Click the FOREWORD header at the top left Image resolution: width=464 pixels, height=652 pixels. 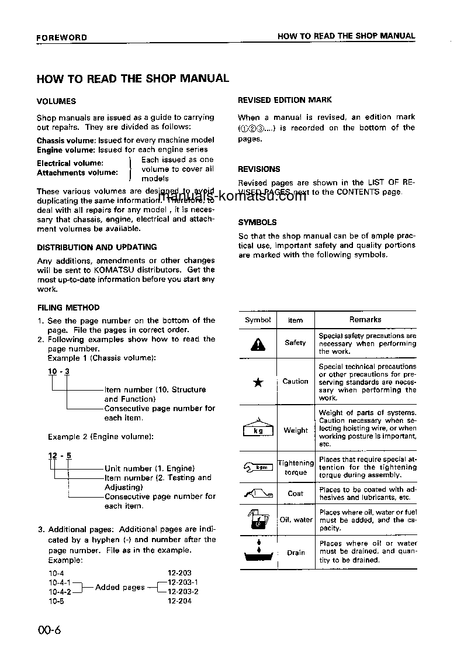62,37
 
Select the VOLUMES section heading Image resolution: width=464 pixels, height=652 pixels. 56,101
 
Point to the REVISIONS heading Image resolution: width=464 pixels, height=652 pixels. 259,169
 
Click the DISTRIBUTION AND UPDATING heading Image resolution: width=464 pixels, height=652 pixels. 96,247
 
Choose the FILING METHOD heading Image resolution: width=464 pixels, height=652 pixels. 68,308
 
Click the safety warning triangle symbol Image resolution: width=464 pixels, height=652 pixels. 258,344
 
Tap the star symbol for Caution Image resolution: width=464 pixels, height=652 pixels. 258,382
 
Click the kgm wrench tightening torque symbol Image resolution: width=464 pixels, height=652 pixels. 258,467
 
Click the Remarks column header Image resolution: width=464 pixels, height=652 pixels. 365,320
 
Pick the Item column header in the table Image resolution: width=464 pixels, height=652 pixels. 296,320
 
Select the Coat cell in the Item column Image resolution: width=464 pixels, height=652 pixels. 296,494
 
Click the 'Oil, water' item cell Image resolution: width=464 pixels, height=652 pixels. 296,520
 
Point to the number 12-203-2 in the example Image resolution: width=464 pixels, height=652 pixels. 183,592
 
